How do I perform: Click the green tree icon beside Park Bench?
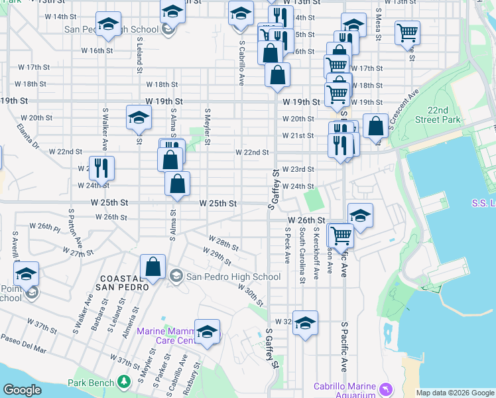click(x=123, y=382)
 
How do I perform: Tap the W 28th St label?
click(x=223, y=241)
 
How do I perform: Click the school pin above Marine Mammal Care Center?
click(x=207, y=331)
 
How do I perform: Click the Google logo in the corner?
click(x=23, y=390)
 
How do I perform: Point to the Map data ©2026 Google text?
click(x=455, y=393)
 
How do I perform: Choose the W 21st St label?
click(x=298, y=136)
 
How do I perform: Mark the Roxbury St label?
click(x=194, y=379)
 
